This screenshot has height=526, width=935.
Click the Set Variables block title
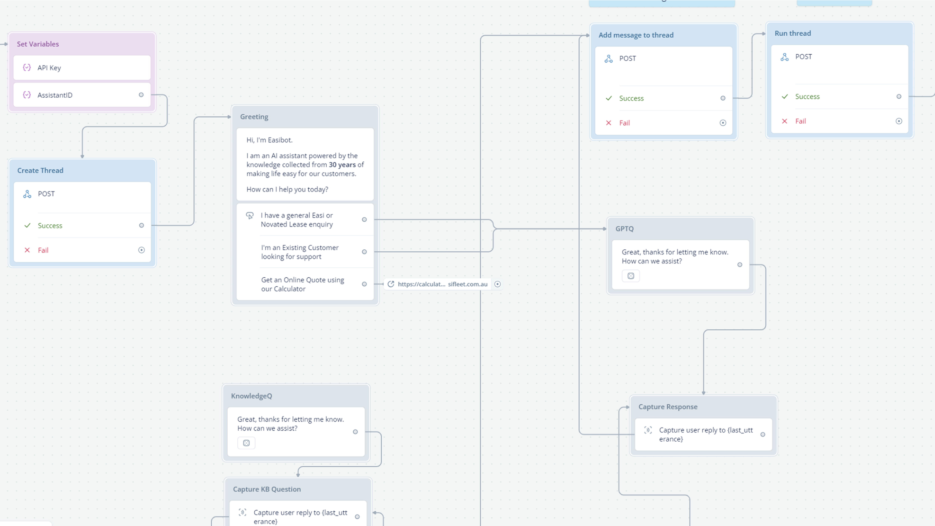coord(38,44)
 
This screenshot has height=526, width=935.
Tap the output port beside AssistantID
coord(141,95)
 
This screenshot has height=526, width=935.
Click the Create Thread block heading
coord(40,170)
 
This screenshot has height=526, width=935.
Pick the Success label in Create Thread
coord(50,226)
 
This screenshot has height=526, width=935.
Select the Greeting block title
coord(254,116)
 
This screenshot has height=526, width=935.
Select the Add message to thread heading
coord(636,35)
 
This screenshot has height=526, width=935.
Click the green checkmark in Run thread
coord(785,97)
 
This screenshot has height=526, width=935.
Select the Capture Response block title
coord(668,407)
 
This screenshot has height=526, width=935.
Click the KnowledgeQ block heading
coord(252,396)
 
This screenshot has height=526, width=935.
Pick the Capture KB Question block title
coord(267,489)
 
